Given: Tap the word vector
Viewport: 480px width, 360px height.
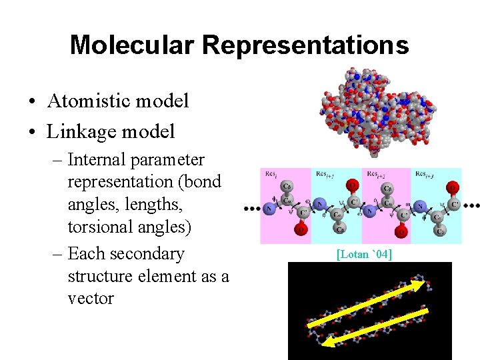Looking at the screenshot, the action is coord(91,298).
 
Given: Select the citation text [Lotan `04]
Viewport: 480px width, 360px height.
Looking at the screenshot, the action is coord(364,254).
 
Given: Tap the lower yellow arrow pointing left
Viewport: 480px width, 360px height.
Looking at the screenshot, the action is coord(373,325).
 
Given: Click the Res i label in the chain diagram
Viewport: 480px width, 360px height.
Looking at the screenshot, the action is coord(271,175).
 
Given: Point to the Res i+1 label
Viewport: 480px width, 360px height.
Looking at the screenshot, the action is coord(325,175).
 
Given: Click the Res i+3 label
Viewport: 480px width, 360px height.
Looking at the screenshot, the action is coord(427,175).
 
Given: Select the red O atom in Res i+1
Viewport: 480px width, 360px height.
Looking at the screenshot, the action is coord(353,185).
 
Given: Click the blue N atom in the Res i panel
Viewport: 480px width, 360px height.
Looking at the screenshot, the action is coord(269,209).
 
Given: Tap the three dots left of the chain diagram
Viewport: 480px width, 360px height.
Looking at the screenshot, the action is coord(251,209).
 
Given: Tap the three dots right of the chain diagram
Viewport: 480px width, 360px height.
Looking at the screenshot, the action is coord(471,206).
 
